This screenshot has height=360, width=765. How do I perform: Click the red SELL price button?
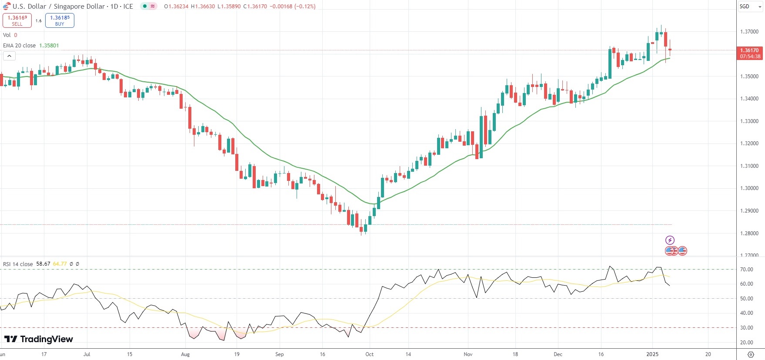pyautogui.click(x=17, y=20)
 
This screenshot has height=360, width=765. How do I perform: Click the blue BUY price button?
pyautogui.click(x=60, y=20)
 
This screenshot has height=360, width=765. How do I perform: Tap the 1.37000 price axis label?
pyautogui.click(x=749, y=32)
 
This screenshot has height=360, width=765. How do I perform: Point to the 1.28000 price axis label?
pyautogui.click(x=749, y=233)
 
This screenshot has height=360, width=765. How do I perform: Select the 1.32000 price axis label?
pyautogui.click(x=749, y=143)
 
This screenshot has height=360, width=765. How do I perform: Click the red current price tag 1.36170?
pyautogui.click(x=750, y=53)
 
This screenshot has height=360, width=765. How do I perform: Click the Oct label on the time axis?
pyautogui.click(x=369, y=354)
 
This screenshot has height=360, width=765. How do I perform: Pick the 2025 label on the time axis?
pyautogui.click(x=652, y=354)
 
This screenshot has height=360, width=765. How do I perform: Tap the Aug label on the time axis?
pyautogui.click(x=185, y=354)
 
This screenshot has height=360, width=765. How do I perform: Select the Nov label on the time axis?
pyautogui.click(x=468, y=354)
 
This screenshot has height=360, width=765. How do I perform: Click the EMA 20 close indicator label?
pyautogui.click(x=19, y=46)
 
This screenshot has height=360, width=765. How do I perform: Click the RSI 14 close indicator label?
pyautogui.click(x=18, y=264)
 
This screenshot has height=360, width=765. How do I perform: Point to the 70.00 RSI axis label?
pyautogui.click(x=747, y=270)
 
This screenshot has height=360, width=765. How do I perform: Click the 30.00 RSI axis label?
pyautogui.click(x=747, y=328)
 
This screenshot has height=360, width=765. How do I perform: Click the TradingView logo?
pyautogui.click(x=39, y=339)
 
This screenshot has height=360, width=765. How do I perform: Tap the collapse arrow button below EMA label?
pyautogui.click(x=9, y=56)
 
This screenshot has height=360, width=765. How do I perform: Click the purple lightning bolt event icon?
pyautogui.click(x=670, y=240)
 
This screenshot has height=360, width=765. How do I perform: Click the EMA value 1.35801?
pyautogui.click(x=49, y=46)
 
